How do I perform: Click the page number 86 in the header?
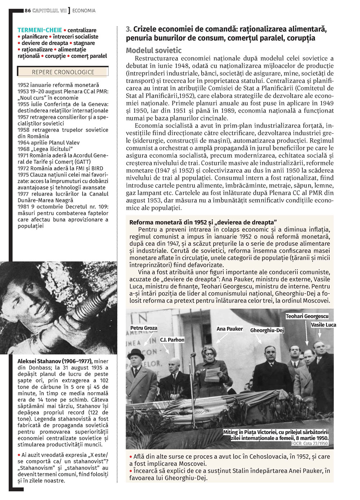(x=28, y=11)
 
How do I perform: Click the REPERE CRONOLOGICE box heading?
(x=63, y=72)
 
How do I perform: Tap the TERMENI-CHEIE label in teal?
(x=40, y=30)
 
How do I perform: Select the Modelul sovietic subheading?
(x=154, y=50)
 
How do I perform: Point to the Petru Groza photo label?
(x=144, y=328)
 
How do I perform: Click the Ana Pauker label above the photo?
(x=230, y=329)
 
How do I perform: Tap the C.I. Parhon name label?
(x=172, y=340)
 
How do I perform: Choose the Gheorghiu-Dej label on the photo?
(x=267, y=330)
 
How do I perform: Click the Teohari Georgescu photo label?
(x=307, y=316)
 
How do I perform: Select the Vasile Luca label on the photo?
(x=323, y=325)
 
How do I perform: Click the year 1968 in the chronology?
(x=24, y=149)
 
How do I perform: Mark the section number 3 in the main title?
(x=129, y=29)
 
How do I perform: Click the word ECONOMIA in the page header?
(x=84, y=11)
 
